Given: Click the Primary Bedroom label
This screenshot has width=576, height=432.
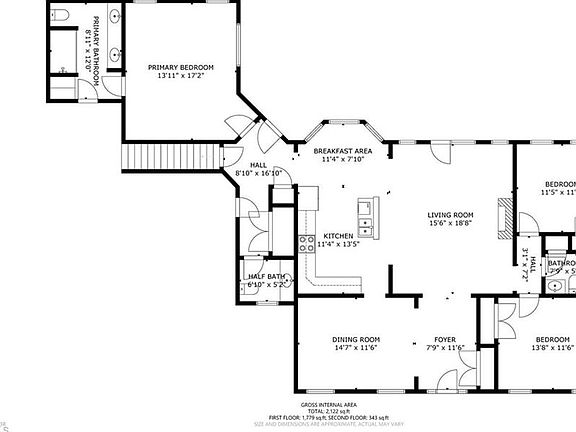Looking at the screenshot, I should [x=181, y=68].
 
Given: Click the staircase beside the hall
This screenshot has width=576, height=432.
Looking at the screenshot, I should [x=170, y=156].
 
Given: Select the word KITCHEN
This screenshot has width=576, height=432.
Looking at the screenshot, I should [x=338, y=236].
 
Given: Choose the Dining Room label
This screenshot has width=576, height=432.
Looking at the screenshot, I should [x=356, y=340].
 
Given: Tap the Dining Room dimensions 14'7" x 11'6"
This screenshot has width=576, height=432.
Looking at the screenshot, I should [x=356, y=348].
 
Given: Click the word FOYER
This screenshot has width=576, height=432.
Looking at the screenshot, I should [x=445, y=340].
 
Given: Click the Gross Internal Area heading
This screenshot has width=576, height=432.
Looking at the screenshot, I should [x=329, y=404].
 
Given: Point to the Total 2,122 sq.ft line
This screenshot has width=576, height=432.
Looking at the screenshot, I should [x=329, y=411].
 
